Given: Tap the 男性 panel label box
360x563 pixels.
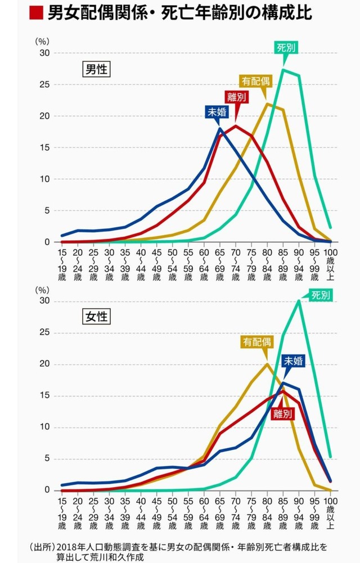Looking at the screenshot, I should click(x=96, y=70).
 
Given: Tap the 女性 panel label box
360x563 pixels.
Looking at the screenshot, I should click(x=96, y=316).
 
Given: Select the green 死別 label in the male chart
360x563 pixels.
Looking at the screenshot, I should click(x=286, y=48).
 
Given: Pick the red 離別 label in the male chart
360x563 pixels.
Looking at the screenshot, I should click(x=236, y=97).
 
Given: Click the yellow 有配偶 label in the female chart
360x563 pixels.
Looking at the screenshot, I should click(x=258, y=341).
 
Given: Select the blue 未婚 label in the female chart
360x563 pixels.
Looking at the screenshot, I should click(x=292, y=361).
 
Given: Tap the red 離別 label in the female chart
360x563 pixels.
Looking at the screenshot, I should click(x=282, y=415).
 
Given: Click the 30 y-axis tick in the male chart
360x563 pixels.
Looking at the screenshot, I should click(x=44, y=53).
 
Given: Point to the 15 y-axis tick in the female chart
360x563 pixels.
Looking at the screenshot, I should click(x=44, y=396).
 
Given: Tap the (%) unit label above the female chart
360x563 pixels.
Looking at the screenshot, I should click(x=43, y=290).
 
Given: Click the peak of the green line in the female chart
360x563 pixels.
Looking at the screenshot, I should click(x=299, y=300).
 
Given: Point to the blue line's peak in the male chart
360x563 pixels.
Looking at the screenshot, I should click(x=220, y=129).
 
